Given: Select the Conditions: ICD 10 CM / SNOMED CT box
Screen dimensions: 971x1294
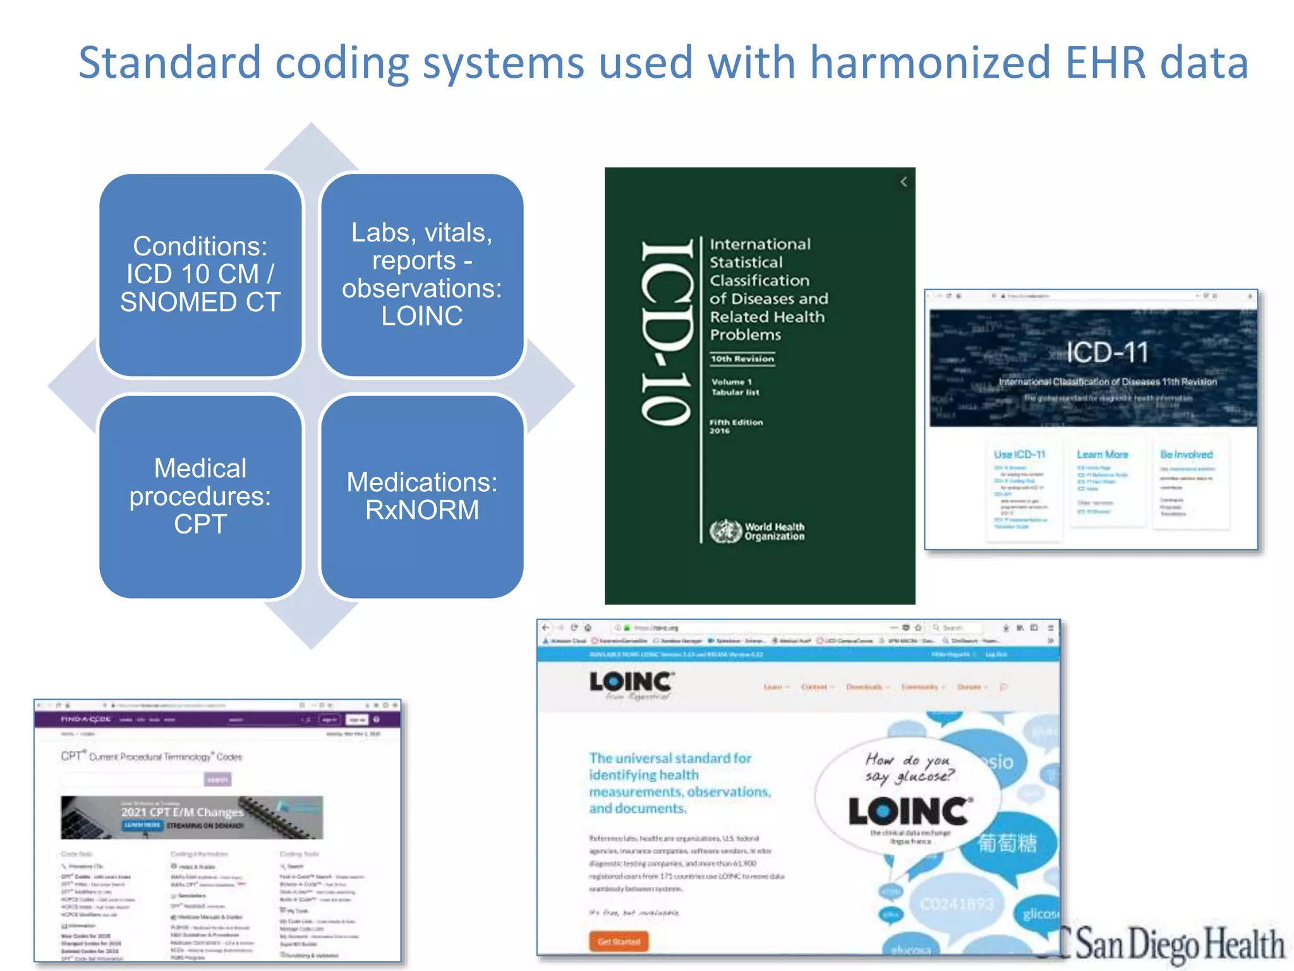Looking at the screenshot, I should pos(200,275).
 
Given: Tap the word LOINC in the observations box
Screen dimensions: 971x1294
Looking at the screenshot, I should pos(422,316).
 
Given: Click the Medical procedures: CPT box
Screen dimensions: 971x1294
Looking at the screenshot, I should pos(200,496).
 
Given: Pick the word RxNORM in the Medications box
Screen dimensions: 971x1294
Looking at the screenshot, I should pos(422,510).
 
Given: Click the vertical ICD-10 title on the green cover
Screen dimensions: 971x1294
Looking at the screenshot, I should pos(667,333).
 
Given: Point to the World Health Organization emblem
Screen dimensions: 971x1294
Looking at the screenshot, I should pos(725,531).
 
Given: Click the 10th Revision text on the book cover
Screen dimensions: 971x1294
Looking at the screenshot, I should pos(742,359).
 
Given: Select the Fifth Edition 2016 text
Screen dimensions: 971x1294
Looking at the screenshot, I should pos(735,426).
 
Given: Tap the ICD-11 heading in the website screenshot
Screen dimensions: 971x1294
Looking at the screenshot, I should pos(1107,352).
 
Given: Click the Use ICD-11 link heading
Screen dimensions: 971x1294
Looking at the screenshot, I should pos(1019,455).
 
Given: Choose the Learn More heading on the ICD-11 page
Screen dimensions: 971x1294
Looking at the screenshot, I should pos(1102,455).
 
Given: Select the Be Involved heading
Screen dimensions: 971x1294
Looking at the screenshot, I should pos(1186,455).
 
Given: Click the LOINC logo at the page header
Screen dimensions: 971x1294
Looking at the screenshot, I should pos(631,682).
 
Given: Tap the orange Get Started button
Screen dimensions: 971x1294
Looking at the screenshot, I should pos(619,941).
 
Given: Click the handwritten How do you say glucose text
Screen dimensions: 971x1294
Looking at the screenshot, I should pos(910,767).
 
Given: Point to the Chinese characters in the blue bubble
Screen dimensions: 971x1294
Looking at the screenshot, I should pos(1007,843).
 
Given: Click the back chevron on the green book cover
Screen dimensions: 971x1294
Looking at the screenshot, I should pos(904,182).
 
